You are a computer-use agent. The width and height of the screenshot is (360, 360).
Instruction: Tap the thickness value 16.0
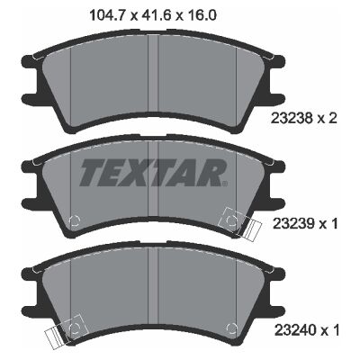click(201, 15)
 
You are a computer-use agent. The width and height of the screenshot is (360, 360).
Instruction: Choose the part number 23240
click(294, 330)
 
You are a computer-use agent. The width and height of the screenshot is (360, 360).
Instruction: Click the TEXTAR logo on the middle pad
click(153, 173)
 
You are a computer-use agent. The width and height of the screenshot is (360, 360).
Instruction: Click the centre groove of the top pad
click(153, 72)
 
